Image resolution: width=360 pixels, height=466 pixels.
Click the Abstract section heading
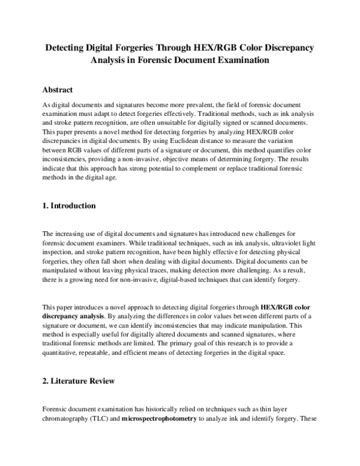[58, 90]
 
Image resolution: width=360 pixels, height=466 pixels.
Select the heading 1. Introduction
[70, 206]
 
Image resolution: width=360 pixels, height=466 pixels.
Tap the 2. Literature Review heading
[79, 381]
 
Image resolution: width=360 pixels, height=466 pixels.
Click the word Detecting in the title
[71, 47]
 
